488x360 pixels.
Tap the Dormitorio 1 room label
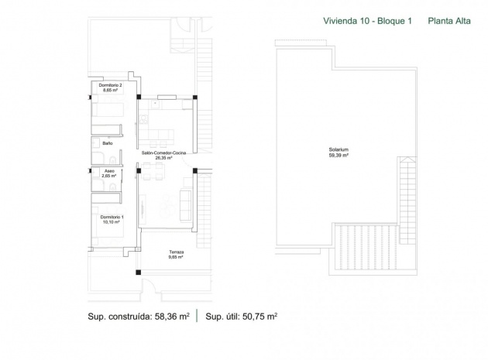tap(112, 218)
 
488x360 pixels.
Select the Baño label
tap(108, 143)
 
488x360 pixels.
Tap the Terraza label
tap(175, 252)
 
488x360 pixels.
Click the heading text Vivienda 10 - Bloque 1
tap(365, 22)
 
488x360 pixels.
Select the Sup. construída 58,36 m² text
tap(137, 316)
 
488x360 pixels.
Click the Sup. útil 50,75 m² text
tap(241, 316)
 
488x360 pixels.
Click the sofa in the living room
tap(186, 203)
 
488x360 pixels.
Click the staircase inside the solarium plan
tap(407, 201)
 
